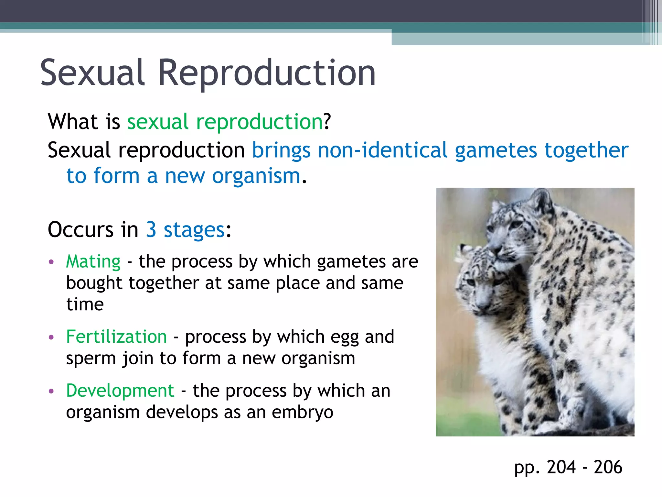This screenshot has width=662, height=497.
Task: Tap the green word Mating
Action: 93,261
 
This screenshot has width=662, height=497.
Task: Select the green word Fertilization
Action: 116,337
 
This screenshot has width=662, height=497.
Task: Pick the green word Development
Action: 120,391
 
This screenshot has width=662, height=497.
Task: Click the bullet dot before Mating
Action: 51,262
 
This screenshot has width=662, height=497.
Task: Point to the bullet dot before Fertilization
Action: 51,337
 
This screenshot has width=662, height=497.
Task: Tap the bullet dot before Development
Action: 51,391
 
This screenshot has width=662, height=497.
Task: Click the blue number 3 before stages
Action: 151,230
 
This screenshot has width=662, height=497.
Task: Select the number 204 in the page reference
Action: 561,467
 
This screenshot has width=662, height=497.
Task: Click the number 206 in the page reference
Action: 608,467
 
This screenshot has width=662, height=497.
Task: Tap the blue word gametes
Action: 496,151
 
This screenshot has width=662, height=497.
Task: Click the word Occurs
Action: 81,230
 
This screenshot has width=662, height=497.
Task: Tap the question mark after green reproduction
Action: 327,122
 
